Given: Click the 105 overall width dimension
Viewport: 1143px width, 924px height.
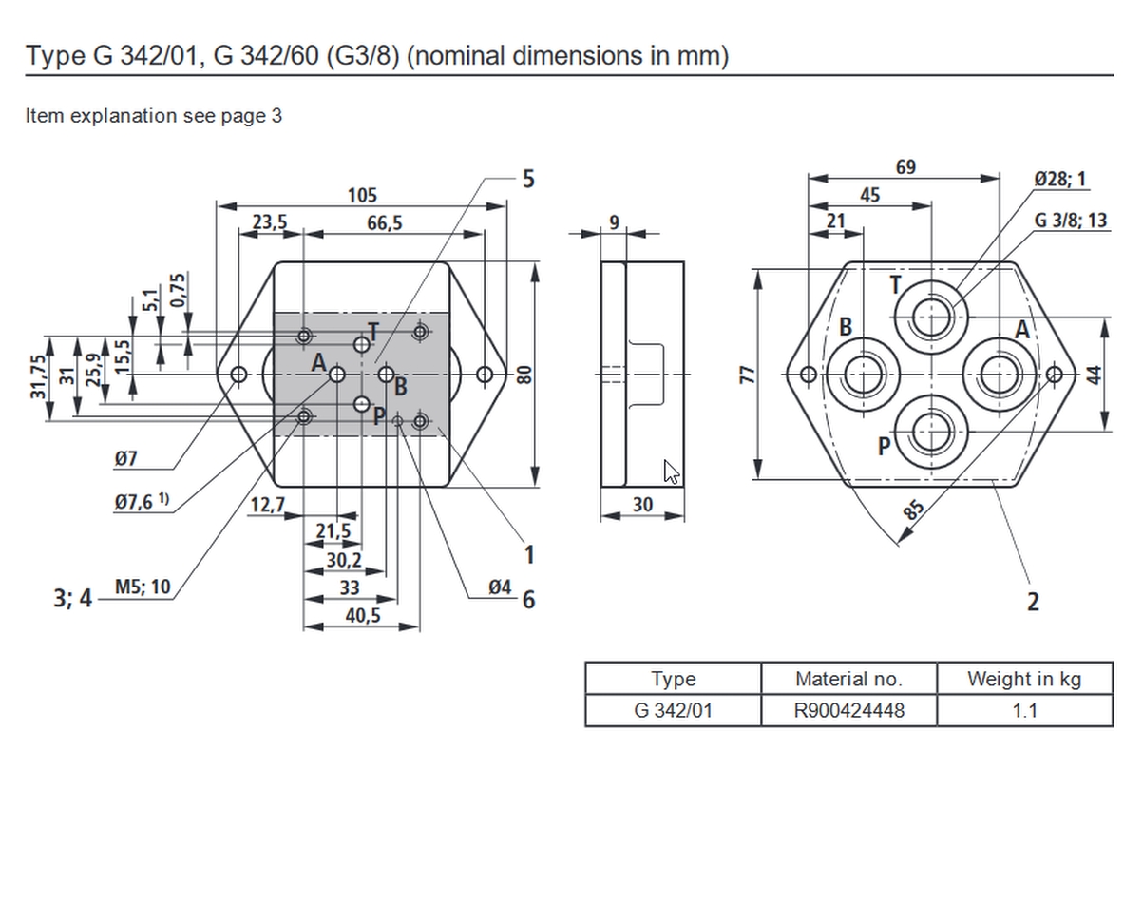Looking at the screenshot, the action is [362, 195].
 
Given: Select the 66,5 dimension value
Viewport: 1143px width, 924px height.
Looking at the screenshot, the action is [384, 222].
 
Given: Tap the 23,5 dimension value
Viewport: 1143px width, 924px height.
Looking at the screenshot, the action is [270, 221].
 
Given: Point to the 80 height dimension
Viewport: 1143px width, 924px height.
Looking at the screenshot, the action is [524, 375].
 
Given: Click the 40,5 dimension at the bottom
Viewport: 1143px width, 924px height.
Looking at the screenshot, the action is [363, 615].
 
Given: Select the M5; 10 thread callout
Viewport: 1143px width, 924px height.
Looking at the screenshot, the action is [143, 587].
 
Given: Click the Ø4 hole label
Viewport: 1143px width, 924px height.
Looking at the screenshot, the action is [500, 587].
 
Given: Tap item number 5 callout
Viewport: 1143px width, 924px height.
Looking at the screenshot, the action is [528, 179].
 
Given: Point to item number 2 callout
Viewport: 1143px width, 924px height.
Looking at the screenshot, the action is [1033, 602].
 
